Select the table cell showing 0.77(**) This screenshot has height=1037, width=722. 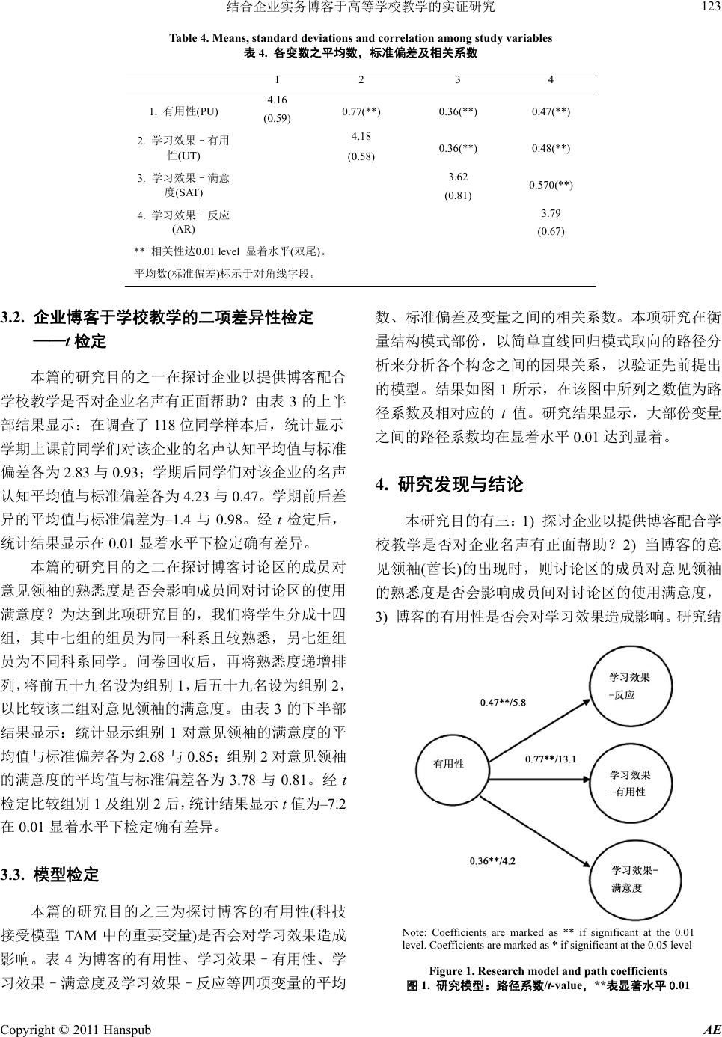click(x=361, y=112)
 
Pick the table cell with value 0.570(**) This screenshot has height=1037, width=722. click(x=551, y=184)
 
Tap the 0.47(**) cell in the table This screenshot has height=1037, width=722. click(x=551, y=112)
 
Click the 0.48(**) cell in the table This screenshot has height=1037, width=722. click(x=551, y=148)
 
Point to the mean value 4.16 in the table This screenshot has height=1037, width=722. click(x=277, y=100)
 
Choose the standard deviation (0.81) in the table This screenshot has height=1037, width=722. click(x=458, y=196)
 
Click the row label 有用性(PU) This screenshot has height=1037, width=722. click(x=183, y=112)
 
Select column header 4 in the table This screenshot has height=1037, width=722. click(x=551, y=80)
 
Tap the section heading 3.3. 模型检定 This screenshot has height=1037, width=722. click(x=60, y=874)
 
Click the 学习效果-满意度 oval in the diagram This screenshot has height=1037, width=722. click(x=634, y=878)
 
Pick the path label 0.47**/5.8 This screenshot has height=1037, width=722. click(x=503, y=702)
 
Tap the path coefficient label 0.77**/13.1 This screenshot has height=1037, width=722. click(x=550, y=759)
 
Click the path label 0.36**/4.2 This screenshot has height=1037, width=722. click(x=492, y=860)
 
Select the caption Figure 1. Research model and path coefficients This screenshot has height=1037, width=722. click(x=548, y=971)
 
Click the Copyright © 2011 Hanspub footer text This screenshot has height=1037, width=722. click(x=76, y=1030)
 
